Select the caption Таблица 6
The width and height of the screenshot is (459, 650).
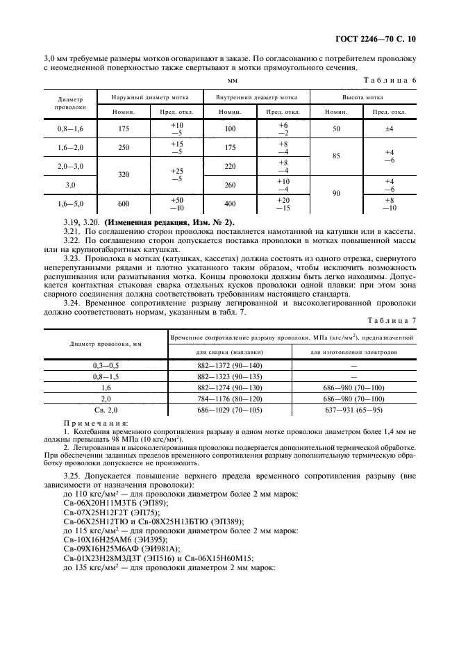[390, 81]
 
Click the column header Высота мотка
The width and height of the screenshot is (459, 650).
[363, 98]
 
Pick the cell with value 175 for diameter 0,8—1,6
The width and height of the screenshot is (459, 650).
[124, 128]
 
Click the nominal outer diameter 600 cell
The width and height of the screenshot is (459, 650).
[124, 204]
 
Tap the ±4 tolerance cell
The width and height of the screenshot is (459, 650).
[390, 128]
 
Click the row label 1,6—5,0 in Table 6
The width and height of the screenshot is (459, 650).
[72, 204]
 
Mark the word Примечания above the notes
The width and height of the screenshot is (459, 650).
[91, 422]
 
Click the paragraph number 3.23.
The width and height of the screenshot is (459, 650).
[74, 258]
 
